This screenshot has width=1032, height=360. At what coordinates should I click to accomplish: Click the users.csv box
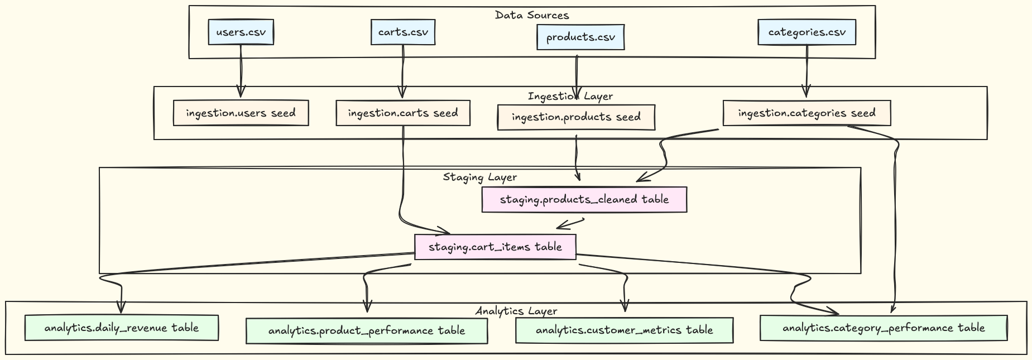(x=241, y=32)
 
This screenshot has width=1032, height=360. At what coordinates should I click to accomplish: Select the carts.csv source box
(x=403, y=32)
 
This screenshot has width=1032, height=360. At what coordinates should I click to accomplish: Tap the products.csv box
(x=580, y=37)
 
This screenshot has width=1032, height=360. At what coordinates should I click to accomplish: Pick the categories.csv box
(x=807, y=32)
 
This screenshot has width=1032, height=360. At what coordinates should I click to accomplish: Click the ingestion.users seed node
(x=241, y=113)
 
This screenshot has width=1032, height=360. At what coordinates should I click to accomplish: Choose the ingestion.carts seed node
(x=403, y=113)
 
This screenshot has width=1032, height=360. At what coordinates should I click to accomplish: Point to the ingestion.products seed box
(x=576, y=117)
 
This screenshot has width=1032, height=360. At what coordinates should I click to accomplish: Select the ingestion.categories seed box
(x=807, y=113)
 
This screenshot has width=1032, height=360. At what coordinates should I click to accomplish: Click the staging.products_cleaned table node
(x=584, y=200)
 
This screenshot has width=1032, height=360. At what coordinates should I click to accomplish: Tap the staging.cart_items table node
(x=495, y=247)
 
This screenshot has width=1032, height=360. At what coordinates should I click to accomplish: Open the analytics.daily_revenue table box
(x=121, y=328)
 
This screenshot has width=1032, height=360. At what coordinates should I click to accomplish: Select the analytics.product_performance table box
(x=367, y=330)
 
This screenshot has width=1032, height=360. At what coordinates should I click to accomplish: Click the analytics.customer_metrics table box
(x=624, y=330)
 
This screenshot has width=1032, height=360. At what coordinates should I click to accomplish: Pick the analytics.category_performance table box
(x=884, y=328)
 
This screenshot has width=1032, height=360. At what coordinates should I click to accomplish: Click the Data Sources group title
(x=532, y=15)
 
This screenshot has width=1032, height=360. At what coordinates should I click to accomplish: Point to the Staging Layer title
(x=480, y=177)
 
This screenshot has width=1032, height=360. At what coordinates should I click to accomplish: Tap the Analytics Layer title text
(x=516, y=311)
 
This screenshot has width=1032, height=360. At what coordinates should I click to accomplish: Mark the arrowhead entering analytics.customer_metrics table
(x=625, y=308)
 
